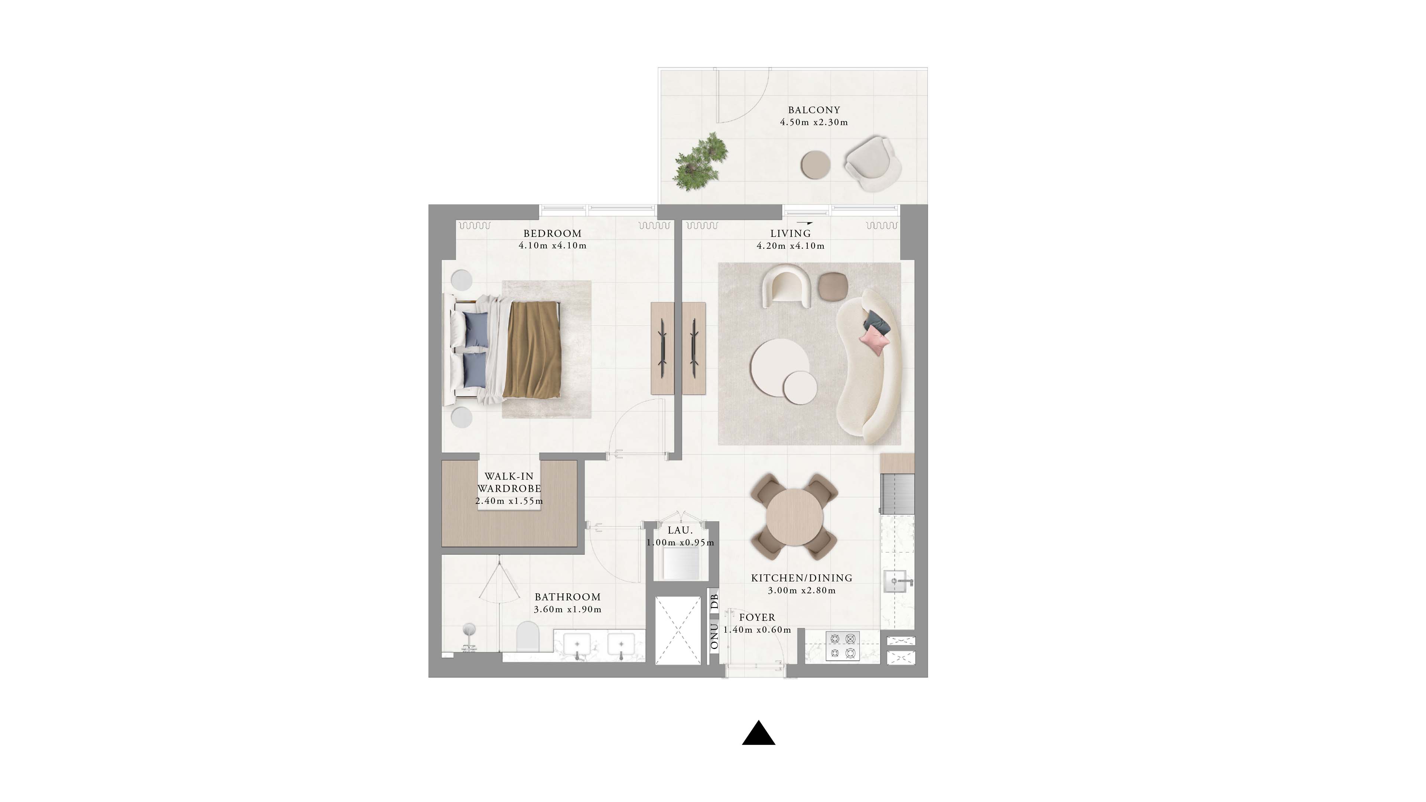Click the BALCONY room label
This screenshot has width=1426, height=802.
tap(814, 110)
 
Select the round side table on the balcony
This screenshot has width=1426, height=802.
tap(815, 165)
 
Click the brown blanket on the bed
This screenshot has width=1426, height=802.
tap(532, 349)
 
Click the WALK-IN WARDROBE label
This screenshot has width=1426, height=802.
tap(509, 482)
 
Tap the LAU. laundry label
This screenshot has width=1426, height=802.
tap(680, 530)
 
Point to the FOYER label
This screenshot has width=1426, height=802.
tap(757, 617)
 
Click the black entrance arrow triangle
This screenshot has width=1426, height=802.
tap(758, 733)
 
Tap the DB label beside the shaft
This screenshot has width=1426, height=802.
tap(714, 601)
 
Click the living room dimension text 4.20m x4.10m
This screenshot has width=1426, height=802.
tap(791, 246)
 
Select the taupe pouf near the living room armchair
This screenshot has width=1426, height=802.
tap(833, 286)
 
